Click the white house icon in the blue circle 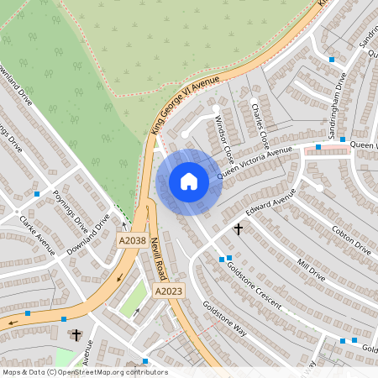pyautogui.click(x=189, y=181)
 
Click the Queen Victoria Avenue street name pyautogui.click(x=255, y=162)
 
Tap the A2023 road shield pyautogui.click(x=168, y=291)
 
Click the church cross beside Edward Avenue pyautogui.click(x=238, y=228)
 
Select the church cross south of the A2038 pyautogui.click(x=76, y=335)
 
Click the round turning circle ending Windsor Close pyautogui.click(x=185, y=133)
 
